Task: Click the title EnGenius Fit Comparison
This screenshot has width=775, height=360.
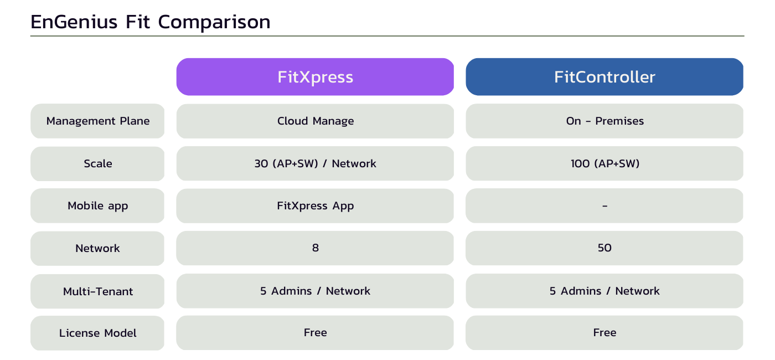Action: [x=151, y=22]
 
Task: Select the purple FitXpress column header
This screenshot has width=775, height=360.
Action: [x=315, y=77]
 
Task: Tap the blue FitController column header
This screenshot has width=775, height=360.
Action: [x=604, y=77]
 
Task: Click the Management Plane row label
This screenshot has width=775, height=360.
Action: [x=97, y=121]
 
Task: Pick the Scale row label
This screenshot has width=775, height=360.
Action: [x=97, y=164]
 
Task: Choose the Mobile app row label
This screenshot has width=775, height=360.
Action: [x=97, y=206]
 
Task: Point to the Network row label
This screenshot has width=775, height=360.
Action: [x=97, y=249]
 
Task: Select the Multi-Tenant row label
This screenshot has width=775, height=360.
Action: [x=97, y=291]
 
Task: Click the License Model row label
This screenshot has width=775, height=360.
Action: [x=97, y=333]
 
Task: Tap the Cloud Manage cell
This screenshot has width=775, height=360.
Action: [x=315, y=121]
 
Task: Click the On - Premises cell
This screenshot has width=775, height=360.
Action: [x=604, y=121]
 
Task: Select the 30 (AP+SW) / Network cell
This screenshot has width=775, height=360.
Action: [x=315, y=163]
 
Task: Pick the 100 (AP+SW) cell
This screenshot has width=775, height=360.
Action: [x=604, y=163]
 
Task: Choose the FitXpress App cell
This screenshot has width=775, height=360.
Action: [x=315, y=206]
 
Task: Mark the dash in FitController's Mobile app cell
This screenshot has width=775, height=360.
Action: [x=604, y=206]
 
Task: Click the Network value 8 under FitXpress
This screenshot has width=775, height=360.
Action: [x=315, y=248]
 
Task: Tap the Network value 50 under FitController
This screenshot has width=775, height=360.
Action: [x=604, y=248]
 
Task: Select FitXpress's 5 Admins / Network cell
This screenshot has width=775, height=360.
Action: [x=315, y=291]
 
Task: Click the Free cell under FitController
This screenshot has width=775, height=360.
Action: [x=604, y=333]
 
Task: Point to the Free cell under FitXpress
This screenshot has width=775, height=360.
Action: [x=315, y=333]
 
